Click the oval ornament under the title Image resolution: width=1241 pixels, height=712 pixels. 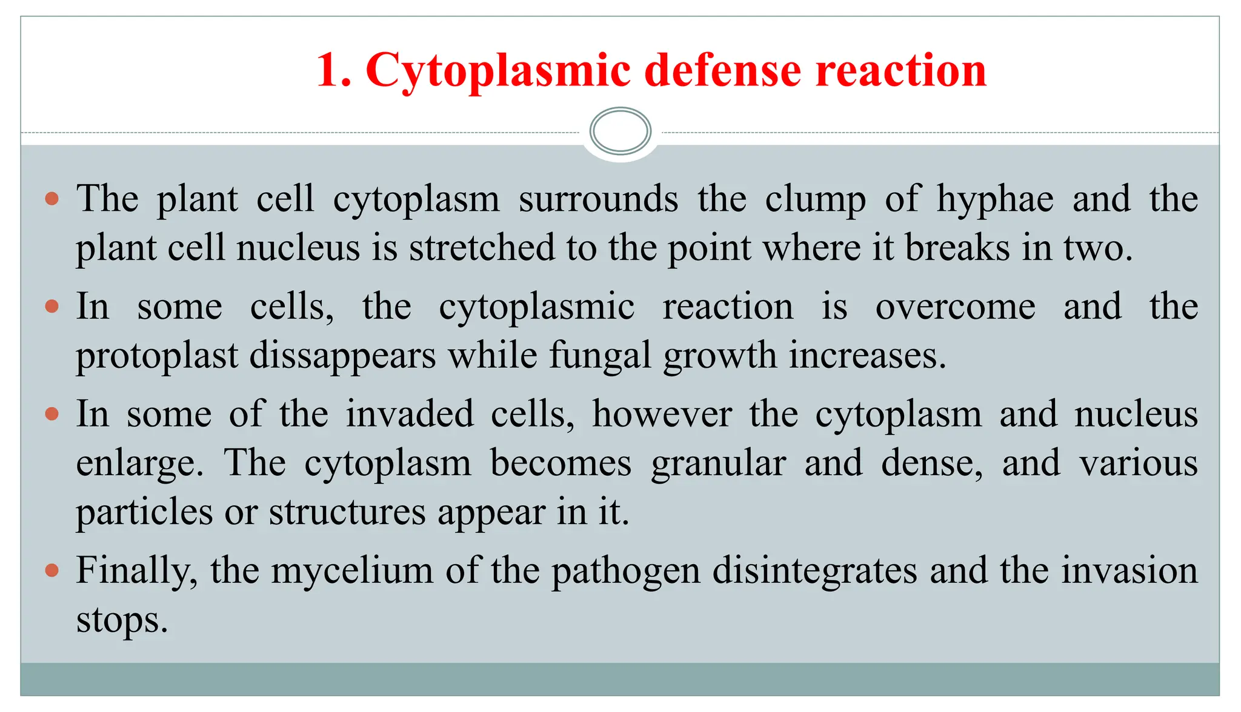tap(620, 131)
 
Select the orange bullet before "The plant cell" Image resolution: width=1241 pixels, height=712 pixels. tap(52, 199)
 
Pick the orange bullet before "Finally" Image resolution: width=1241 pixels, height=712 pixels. tap(52, 570)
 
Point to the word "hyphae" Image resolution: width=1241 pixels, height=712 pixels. tap(995, 199)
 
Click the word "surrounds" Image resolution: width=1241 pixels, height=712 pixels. tap(598, 199)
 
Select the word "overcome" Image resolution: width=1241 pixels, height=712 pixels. tap(956, 307)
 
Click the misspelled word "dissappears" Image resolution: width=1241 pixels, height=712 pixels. tap(342, 355)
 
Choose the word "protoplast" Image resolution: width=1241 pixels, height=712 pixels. tap(157, 356)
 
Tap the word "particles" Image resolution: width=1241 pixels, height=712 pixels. tap(144, 512)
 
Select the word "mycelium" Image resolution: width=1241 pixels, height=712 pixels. tap(352, 571)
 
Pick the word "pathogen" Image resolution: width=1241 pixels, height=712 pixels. tap(625, 571)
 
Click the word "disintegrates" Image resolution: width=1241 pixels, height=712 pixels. tap(814, 570)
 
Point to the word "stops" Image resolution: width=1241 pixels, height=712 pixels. tap(122, 620)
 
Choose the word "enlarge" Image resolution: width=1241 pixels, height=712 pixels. tap(139, 464)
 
